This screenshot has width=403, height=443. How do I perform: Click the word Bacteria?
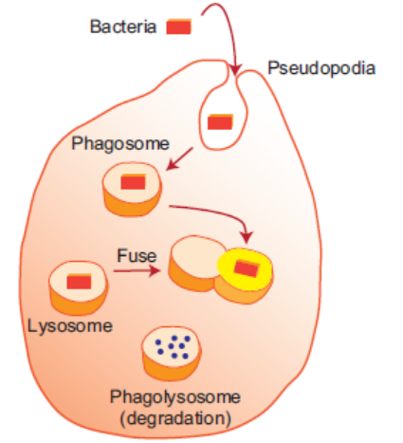pyautogui.click(x=123, y=27)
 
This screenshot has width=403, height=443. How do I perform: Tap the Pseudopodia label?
pyautogui.click(x=321, y=68)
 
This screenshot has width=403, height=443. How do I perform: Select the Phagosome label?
pyautogui.click(x=120, y=144)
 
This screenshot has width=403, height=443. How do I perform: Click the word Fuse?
pyautogui.click(x=137, y=255)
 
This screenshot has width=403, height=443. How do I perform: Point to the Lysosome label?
pyautogui.click(x=70, y=326)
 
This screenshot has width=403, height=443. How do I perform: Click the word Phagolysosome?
pyautogui.click(x=175, y=397)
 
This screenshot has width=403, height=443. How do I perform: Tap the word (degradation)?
pyautogui.click(x=175, y=418)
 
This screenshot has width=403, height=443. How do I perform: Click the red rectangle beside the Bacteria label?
pyautogui.click(x=179, y=27)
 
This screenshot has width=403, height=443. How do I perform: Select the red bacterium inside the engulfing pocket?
pyautogui.click(x=220, y=121)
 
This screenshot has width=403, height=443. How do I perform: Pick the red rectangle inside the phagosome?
pyautogui.click(x=133, y=182)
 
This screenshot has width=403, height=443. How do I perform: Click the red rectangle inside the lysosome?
pyautogui.click(x=79, y=282)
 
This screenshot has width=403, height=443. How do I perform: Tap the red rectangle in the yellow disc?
pyautogui.click(x=247, y=268)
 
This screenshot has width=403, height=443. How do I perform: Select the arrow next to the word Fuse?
pyautogui.click(x=137, y=271)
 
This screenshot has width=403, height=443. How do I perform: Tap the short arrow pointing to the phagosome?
pyautogui.click(x=179, y=158)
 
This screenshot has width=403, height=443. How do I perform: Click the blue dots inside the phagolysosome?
pyautogui.click(x=173, y=346)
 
